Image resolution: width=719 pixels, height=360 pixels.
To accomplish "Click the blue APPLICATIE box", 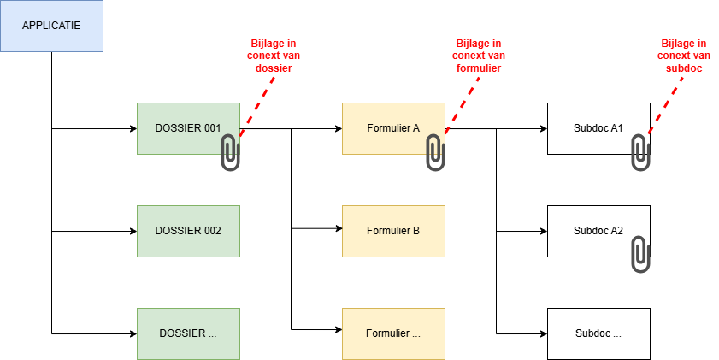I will coord(51,26).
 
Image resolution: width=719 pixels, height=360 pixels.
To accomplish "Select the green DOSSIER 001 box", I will coord(184,128).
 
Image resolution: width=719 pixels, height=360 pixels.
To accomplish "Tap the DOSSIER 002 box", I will coord(188,231).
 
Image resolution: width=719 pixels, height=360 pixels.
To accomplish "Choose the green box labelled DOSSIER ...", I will coord(188,333).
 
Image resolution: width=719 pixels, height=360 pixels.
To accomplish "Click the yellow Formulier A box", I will coord(389,128).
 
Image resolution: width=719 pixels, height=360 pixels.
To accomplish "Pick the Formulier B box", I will coord(393,231).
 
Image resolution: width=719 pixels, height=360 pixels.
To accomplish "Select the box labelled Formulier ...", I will coord(393,333).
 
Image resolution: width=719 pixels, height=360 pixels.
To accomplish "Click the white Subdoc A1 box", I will coord(594,128).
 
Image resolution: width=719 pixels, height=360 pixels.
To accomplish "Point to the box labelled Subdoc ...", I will coord(598,333).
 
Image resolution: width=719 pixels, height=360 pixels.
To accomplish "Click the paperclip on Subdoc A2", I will coord(640,255).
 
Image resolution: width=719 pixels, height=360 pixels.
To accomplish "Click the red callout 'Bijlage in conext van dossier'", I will coord(273,56).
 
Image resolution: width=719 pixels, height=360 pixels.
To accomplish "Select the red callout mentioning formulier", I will coord(478,56).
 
